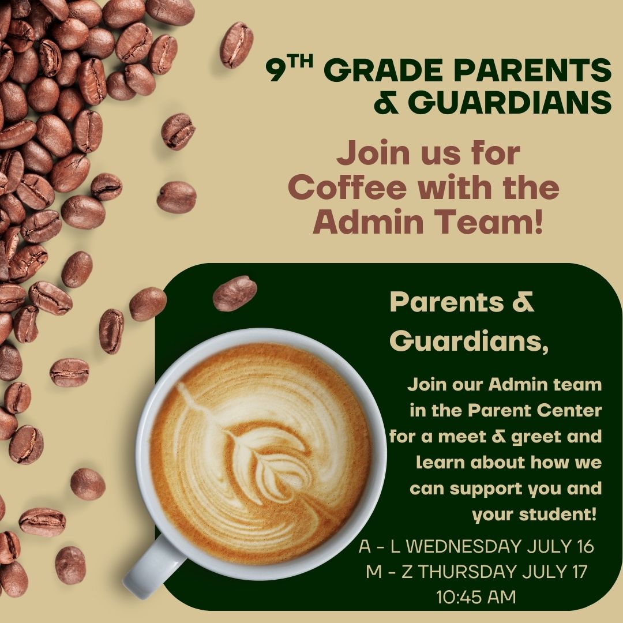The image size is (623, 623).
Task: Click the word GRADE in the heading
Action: coord(385,70)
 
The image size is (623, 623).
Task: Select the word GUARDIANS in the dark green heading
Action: coord(510,103)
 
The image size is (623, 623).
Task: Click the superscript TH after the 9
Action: coord(301,62)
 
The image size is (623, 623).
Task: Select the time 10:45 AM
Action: coord(475,597)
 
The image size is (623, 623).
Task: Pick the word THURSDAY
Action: coord(467,572)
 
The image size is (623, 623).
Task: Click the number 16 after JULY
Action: coord(586,547)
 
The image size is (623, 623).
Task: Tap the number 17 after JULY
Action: coord(579,572)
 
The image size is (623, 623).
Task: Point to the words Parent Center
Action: coord(535,411)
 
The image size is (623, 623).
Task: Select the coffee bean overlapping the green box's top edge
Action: coord(235,293)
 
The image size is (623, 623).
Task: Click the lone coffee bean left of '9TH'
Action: coord(237,45)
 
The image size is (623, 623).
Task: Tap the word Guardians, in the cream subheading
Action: coord(469,341)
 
